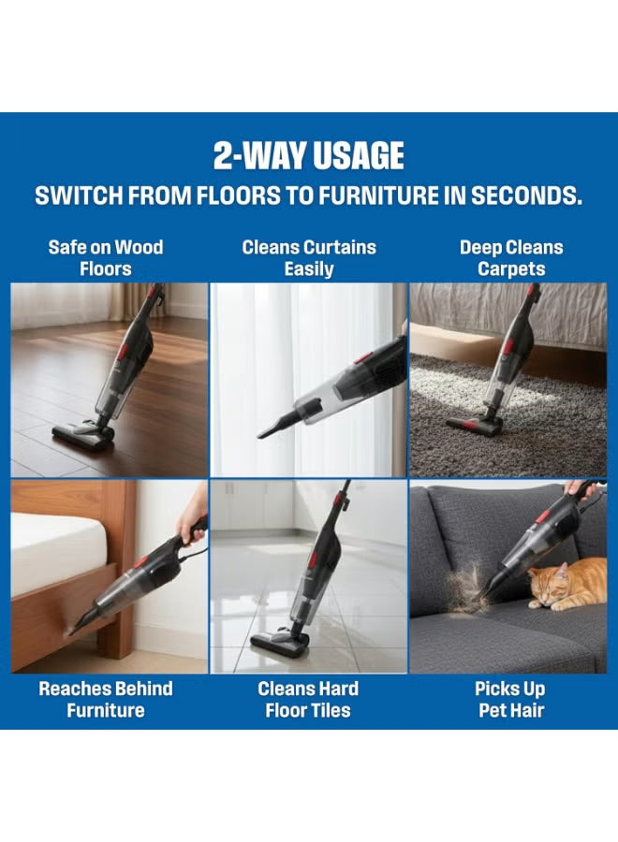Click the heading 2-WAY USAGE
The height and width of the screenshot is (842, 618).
click(x=308, y=155)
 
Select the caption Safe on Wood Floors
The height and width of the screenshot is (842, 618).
click(x=105, y=258)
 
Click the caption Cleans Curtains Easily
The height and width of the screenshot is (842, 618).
click(x=308, y=258)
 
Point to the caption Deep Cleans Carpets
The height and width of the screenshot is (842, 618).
click(x=511, y=258)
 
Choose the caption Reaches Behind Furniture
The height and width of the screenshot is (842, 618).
click(x=105, y=699)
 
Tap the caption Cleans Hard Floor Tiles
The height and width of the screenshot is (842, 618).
click(x=308, y=699)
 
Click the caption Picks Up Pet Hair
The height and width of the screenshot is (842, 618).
click(x=510, y=699)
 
